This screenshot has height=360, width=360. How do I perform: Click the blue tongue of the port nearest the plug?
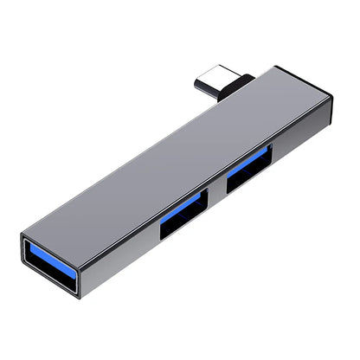pyautogui.click(x=250, y=161)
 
